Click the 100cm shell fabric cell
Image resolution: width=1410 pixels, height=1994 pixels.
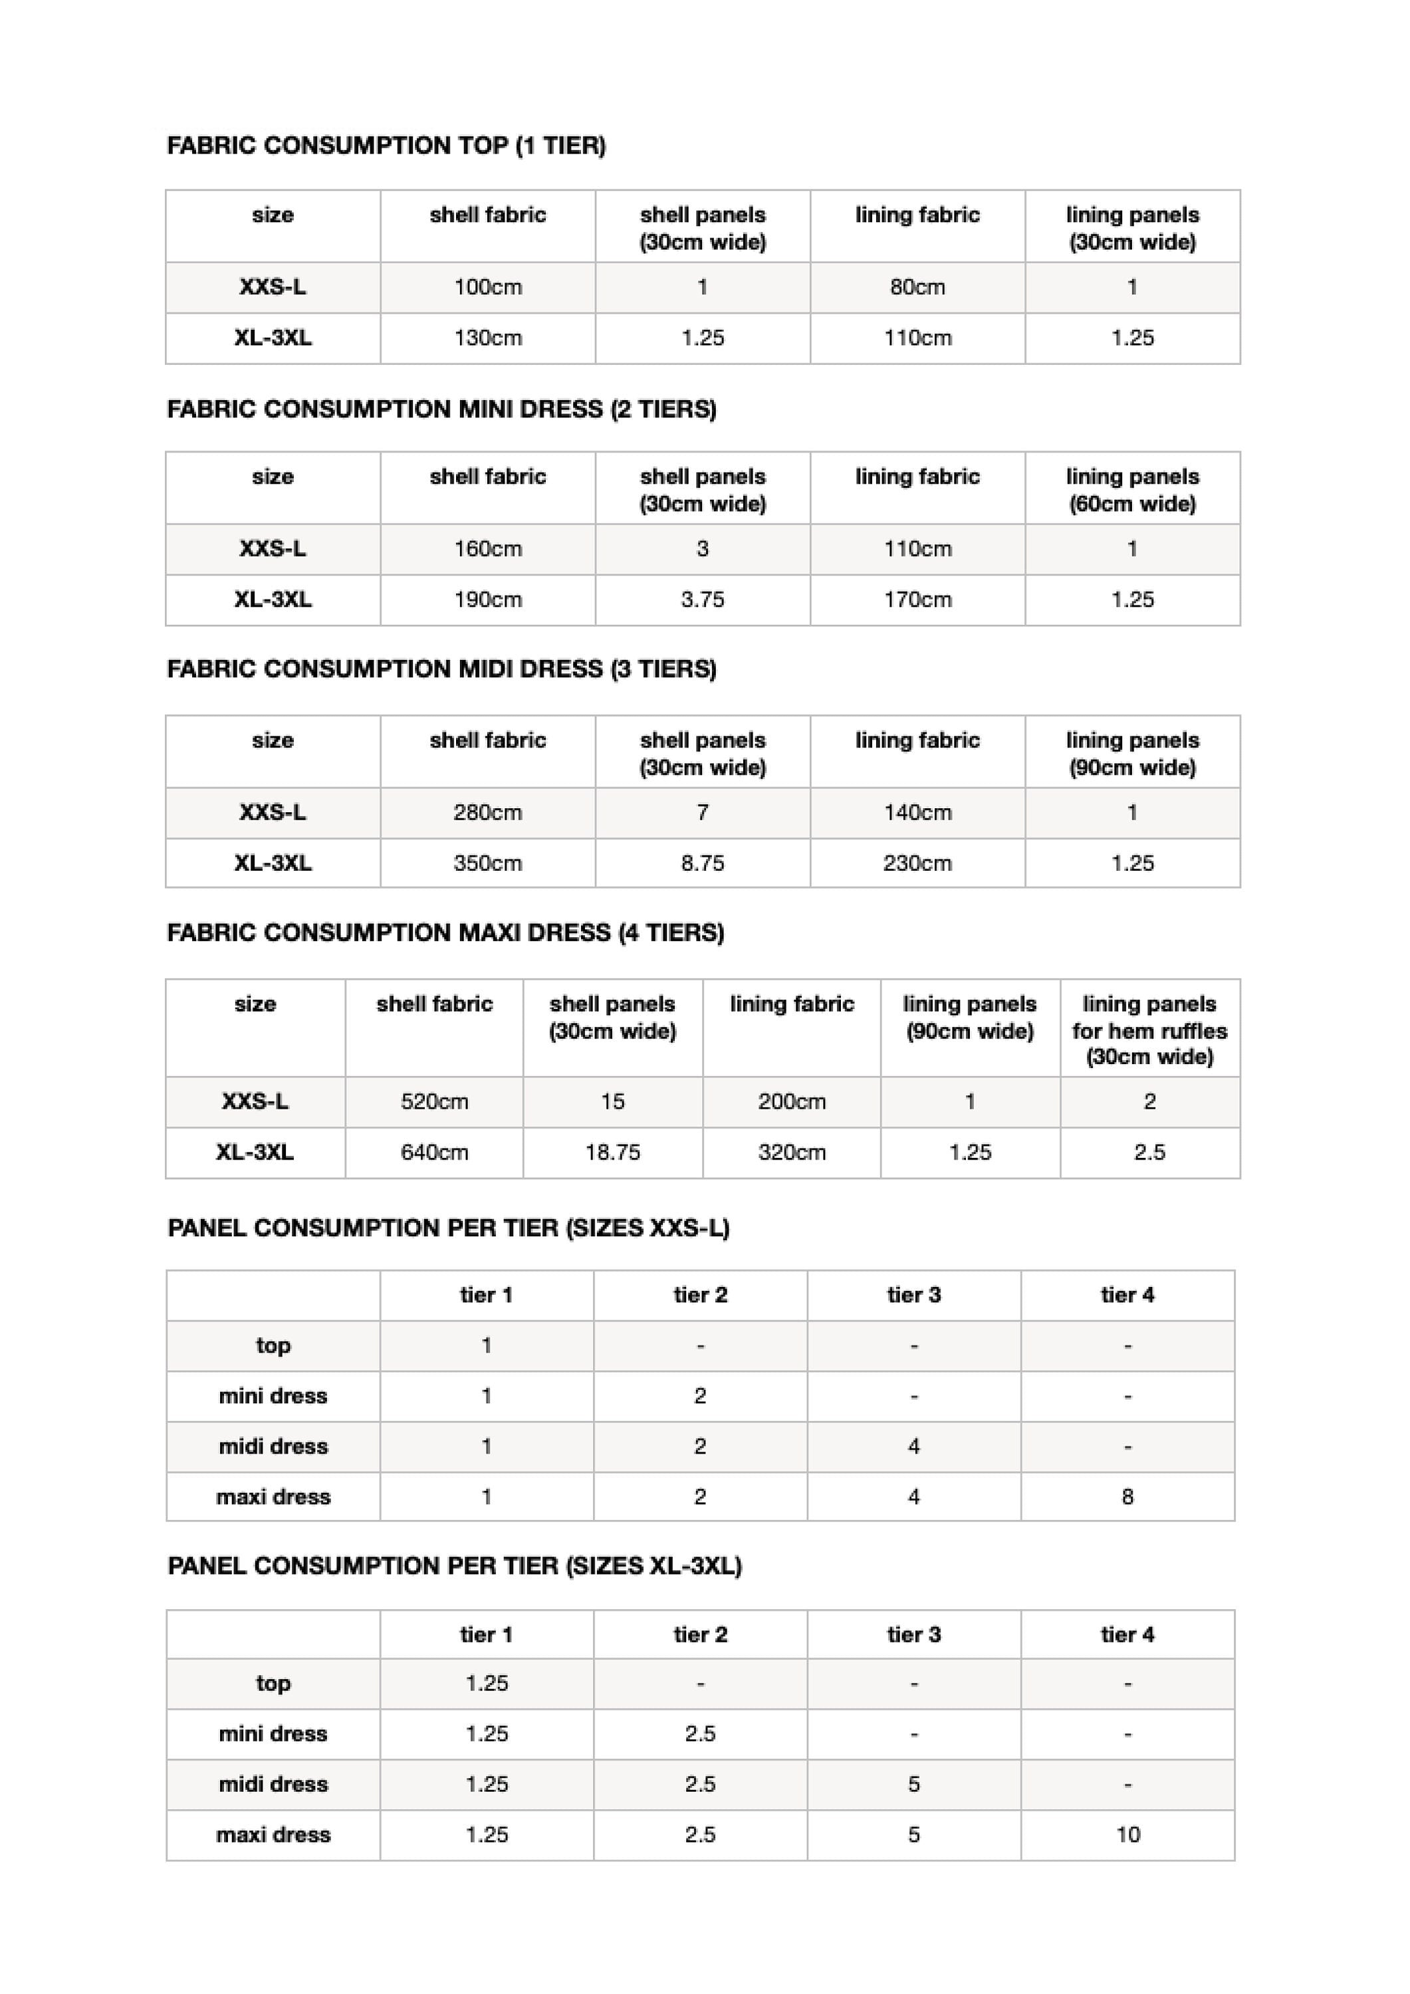click(487, 287)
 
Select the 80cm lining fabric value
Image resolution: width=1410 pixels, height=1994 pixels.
click(917, 287)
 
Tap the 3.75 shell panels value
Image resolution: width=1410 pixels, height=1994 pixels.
click(702, 600)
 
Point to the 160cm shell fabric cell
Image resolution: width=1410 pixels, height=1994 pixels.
click(487, 549)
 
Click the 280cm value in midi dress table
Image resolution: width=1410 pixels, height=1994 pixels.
click(487, 813)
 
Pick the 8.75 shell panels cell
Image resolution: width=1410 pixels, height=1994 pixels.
click(702, 863)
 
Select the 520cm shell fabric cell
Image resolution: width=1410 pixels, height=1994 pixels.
click(434, 1102)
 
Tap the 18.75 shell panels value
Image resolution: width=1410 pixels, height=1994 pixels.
click(612, 1153)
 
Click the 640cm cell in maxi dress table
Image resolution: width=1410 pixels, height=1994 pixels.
click(434, 1153)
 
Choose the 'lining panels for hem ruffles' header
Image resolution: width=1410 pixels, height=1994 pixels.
click(1149, 1030)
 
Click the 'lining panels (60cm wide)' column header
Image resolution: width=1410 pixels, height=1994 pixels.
click(1132, 490)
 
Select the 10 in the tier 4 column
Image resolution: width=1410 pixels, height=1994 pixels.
click(1127, 1834)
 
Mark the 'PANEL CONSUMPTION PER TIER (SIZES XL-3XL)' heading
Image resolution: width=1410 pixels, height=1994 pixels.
click(454, 1566)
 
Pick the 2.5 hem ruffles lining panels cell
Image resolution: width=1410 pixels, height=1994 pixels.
click(1149, 1153)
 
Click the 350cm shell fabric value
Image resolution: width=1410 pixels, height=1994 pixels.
click(487, 863)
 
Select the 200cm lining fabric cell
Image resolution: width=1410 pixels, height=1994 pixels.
click(792, 1102)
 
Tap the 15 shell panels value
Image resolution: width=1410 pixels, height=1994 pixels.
click(612, 1102)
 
